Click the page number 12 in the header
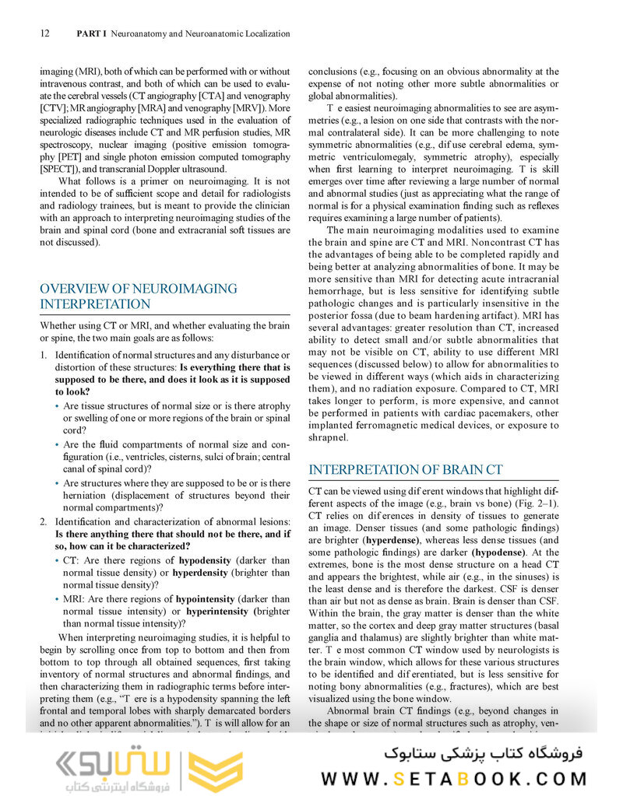[x=44, y=34]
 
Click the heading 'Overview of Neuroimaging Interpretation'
[x=139, y=296]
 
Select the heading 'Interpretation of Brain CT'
[x=405, y=470]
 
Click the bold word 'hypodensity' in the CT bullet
[x=203, y=560]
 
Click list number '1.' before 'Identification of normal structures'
[x=44, y=356]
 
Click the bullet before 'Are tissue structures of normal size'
[x=57, y=406]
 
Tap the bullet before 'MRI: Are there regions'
[x=57, y=600]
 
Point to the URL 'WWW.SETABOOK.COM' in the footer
[x=454, y=777]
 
